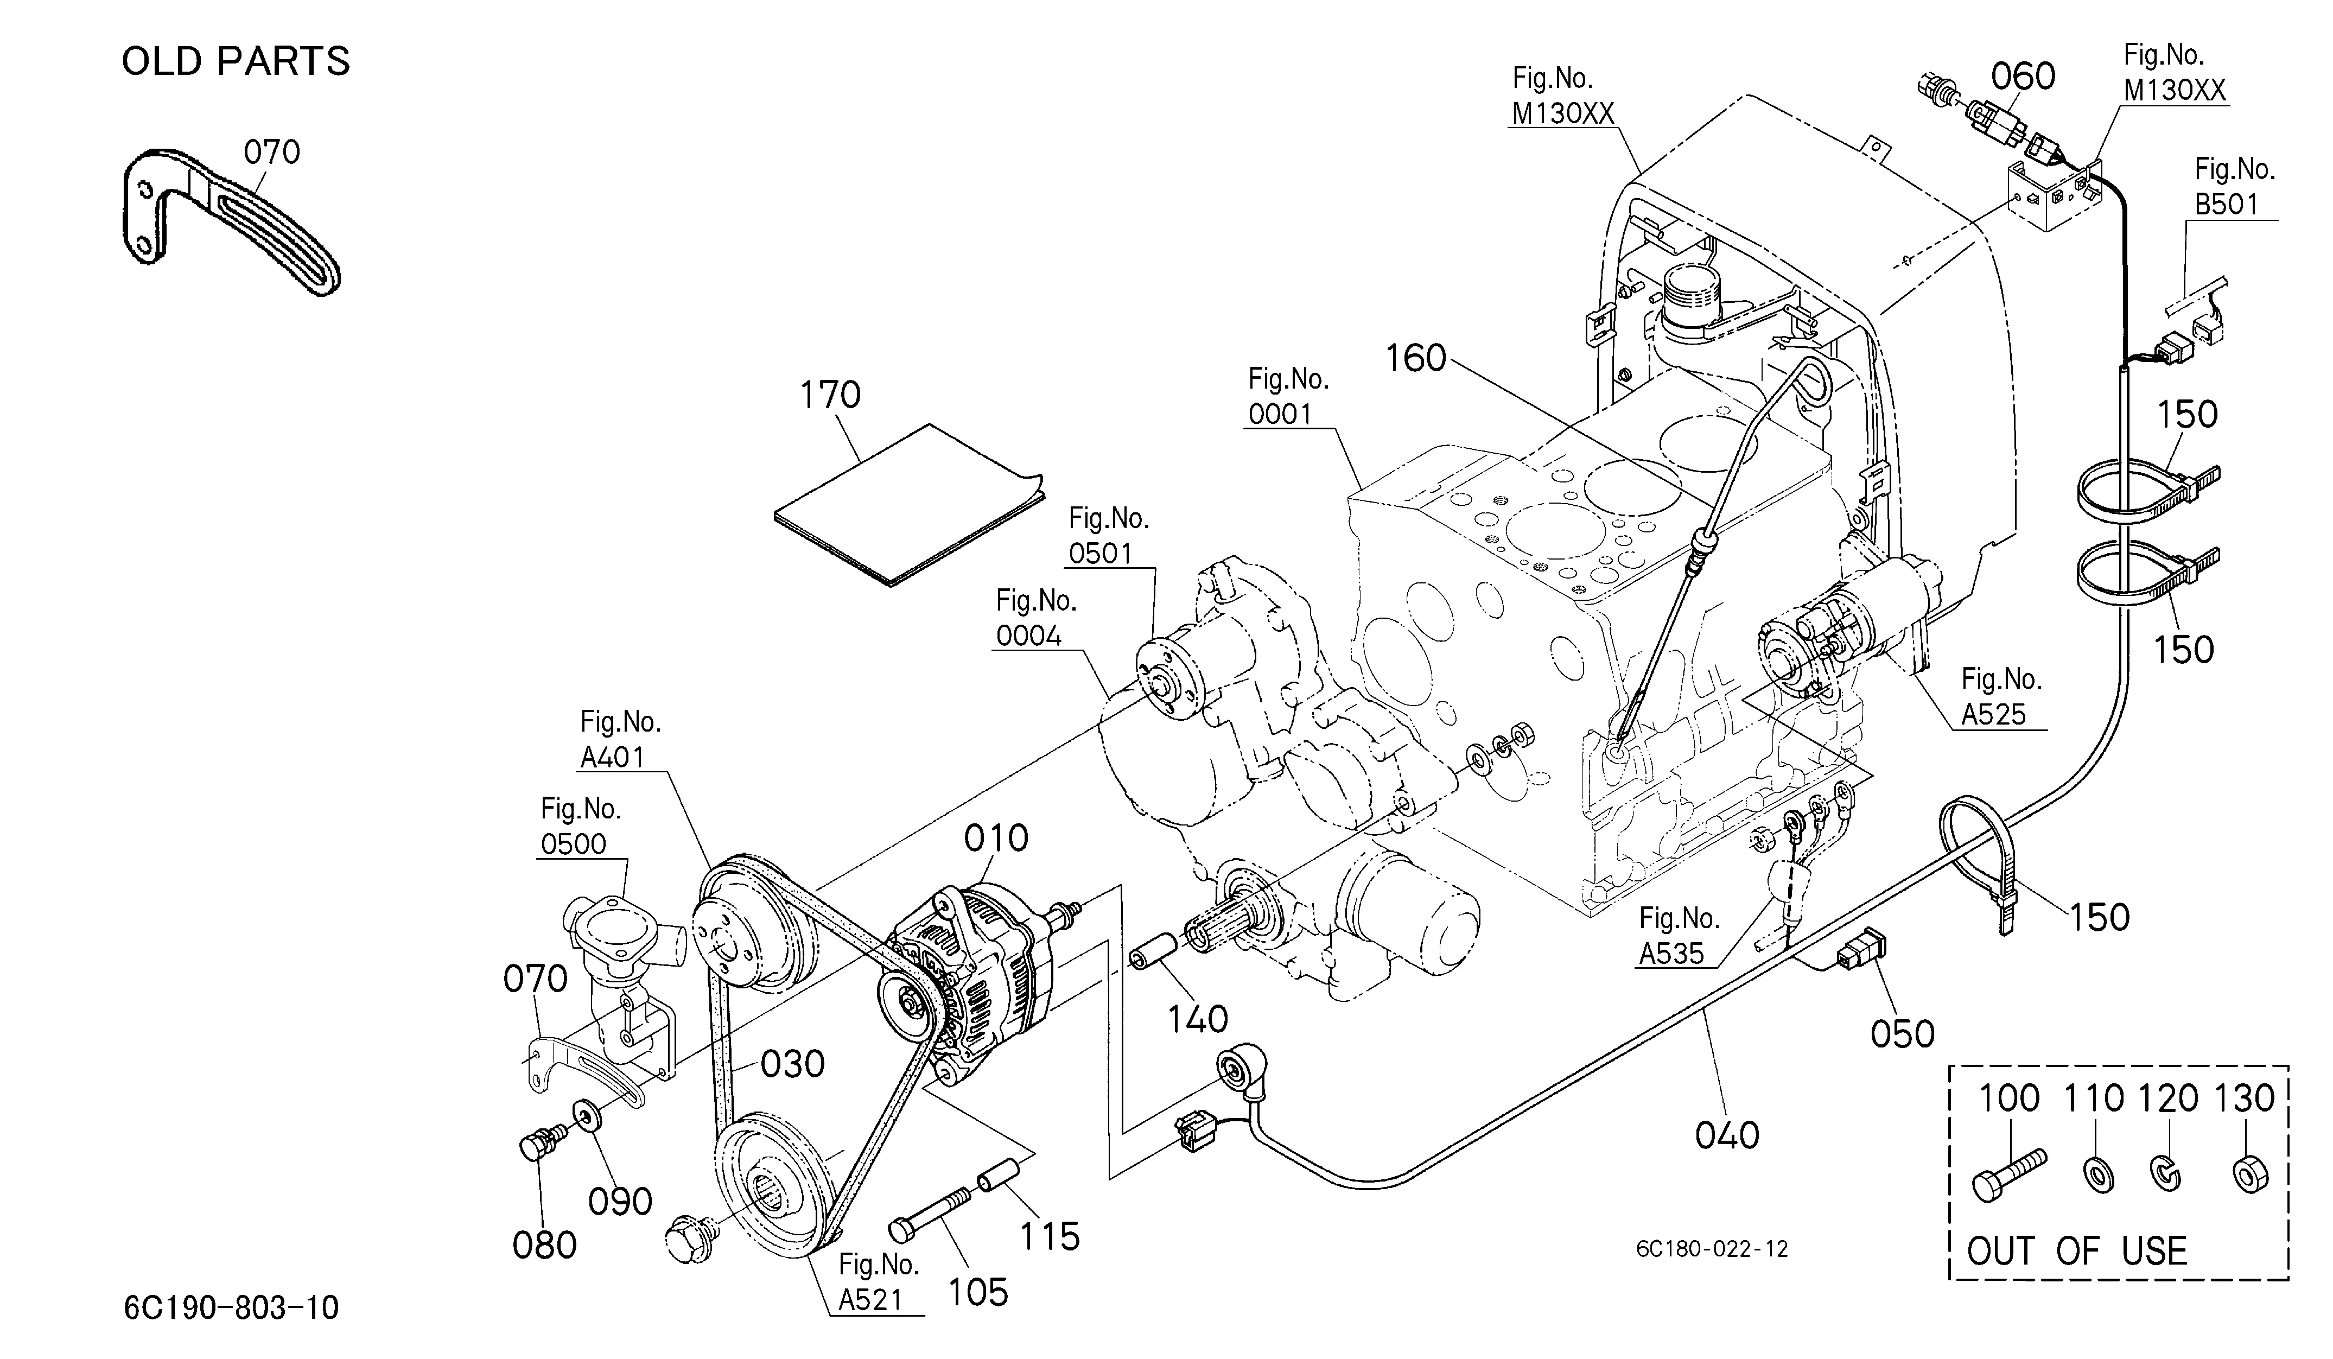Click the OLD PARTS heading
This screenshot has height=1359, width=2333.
click(x=236, y=61)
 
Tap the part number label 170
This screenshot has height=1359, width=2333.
click(x=830, y=395)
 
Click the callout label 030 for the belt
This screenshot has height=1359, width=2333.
click(x=792, y=1065)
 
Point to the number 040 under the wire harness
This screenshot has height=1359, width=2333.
click(x=1727, y=1135)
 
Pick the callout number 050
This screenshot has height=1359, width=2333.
click(x=1903, y=1034)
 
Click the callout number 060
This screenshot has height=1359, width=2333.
click(x=2023, y=76)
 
